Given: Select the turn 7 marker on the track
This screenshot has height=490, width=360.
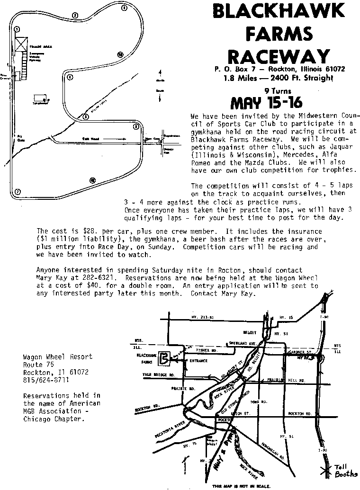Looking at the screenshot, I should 18,192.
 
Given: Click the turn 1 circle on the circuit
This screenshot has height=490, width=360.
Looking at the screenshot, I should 17,29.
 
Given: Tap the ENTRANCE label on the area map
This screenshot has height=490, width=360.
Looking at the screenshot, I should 198,361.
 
